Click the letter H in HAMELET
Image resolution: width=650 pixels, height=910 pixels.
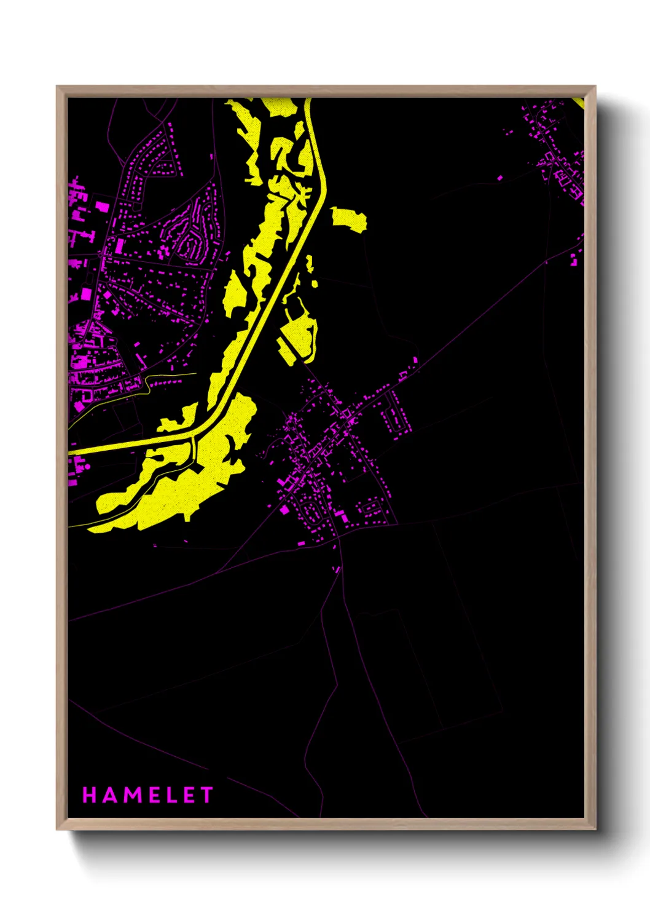(x=90, y=795)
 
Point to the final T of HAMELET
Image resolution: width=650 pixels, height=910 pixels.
(x=206, y=795)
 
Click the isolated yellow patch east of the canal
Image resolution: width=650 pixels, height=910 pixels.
(x=349, y=219)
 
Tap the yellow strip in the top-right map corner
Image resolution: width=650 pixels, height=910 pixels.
(x=578, y=103)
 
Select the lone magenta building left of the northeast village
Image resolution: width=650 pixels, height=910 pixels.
(x=499, y=178)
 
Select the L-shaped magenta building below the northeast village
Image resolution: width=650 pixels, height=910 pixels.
(x=575, y=259)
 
